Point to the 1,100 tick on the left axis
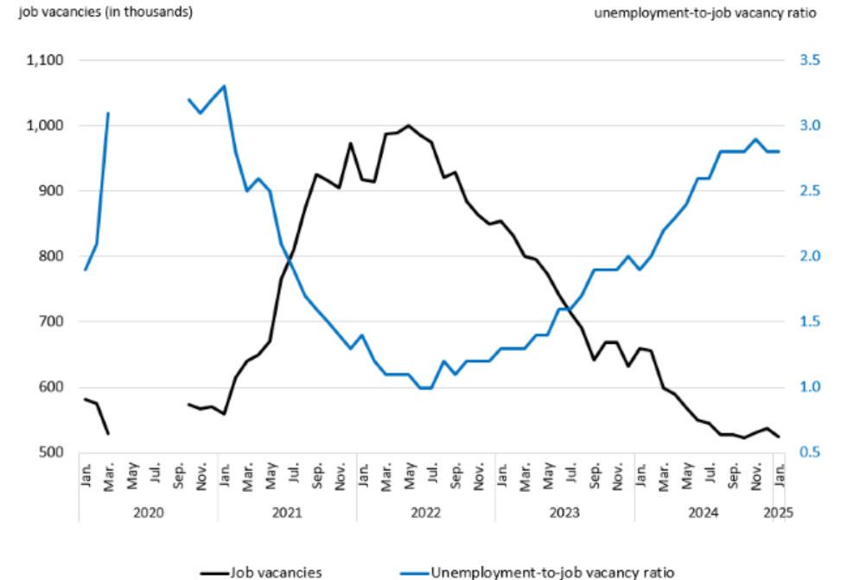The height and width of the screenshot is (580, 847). (x=48, y=61)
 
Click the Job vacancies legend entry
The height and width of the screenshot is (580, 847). (x=275, y=571)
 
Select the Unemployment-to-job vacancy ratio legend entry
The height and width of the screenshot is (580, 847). (x=551, y=571)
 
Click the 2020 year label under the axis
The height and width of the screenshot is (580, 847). (x=148, y=513)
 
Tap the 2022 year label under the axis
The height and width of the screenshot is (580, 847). (x=425, y=513)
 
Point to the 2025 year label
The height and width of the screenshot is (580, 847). (x=780, y=513)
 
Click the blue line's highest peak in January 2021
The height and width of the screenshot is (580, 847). (x=225, y=86)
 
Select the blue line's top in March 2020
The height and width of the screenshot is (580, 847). (x=108, y=113)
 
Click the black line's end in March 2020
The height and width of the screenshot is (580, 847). (x=108, y=434)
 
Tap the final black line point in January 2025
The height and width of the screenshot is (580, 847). (x=779, y=437)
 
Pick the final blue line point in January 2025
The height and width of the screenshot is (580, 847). (x=779, y=151)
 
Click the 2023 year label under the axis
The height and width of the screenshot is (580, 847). (x=564, y=513)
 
